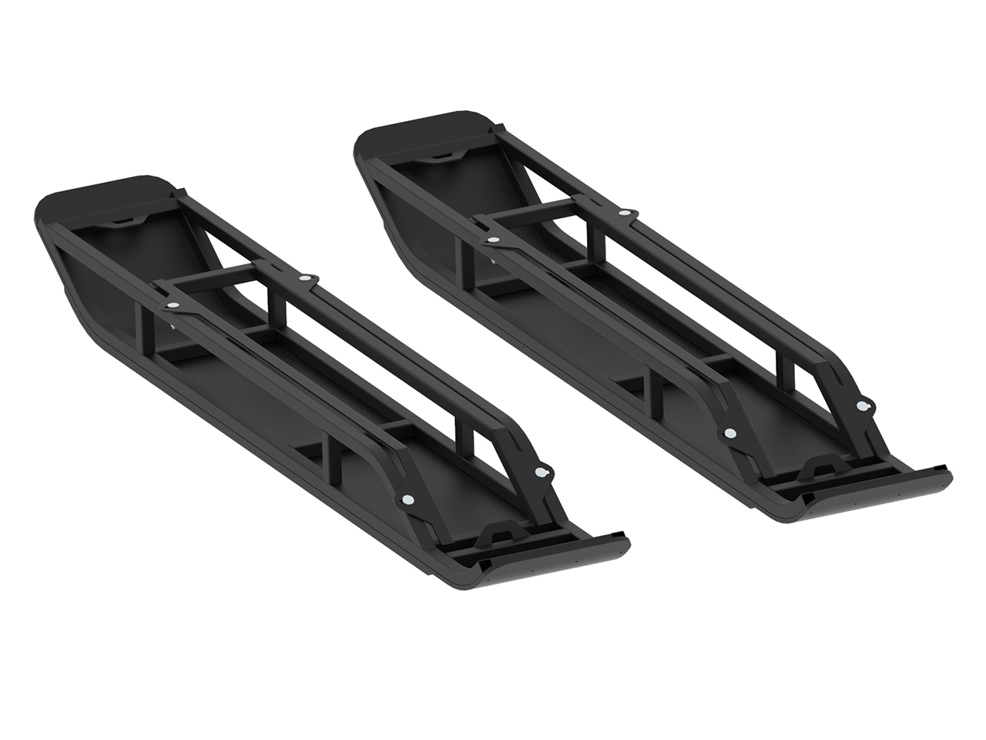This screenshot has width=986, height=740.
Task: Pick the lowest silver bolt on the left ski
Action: [x=406, y=500]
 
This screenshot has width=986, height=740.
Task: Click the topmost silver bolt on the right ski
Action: [x=626, y=212]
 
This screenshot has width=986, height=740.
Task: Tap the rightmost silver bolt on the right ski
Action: [x=862, y=405]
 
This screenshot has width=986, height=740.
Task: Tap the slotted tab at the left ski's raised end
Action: [x=122, y=221]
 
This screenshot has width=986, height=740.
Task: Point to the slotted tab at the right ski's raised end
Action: [x=441, y=156]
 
